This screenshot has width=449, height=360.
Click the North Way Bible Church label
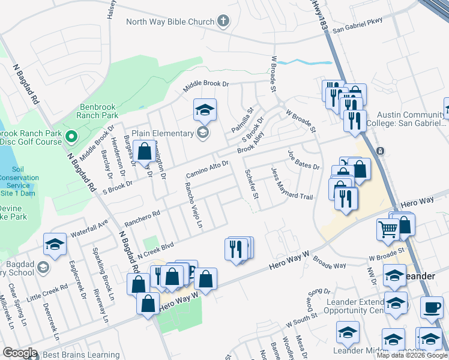(x=170, y=22)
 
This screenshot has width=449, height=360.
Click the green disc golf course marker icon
(x=73, y=137)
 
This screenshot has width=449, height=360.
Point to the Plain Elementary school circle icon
(x=203, y=133)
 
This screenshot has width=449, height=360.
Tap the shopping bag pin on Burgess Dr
(x=145, y=152)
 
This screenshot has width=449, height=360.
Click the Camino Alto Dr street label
(x=207, y=169)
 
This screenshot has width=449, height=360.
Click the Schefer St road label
(x=252, y=184)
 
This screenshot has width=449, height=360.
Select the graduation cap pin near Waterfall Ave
(x=55, y=245)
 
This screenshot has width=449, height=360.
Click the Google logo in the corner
(x=20, y=353)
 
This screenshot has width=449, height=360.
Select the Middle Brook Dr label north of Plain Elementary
(x=206, y=87)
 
